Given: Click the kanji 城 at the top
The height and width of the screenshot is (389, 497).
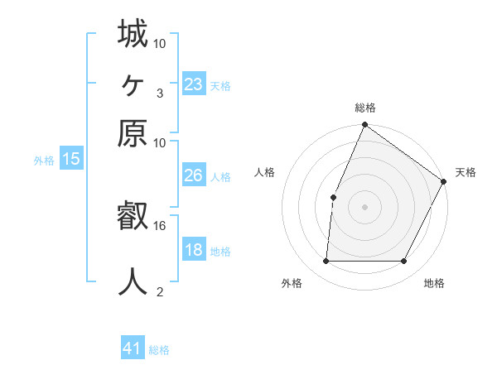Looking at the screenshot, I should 133,35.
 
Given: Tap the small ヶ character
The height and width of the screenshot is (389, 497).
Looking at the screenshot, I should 133,84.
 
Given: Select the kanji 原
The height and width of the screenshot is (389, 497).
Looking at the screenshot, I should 133,132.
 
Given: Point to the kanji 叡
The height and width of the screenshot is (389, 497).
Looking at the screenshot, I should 133,218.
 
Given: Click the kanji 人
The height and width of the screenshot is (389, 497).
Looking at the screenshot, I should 133,281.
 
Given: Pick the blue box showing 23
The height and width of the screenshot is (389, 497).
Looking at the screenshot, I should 194,84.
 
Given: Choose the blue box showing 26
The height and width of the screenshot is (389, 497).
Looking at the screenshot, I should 194,176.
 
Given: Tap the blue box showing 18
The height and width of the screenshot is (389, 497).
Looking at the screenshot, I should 194,251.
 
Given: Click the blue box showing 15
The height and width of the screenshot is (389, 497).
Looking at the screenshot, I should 71,160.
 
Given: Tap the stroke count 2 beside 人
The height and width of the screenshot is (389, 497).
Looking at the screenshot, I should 160,291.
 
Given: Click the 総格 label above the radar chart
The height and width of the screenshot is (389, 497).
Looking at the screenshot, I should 364,108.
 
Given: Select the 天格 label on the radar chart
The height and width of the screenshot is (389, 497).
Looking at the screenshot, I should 466,172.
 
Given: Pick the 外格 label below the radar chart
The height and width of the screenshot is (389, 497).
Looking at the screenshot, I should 292,284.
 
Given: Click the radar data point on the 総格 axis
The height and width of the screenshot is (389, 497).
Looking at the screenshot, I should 364,126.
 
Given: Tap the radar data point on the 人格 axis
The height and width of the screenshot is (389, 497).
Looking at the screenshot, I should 333,197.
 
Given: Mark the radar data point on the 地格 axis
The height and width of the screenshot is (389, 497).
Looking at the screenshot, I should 404,262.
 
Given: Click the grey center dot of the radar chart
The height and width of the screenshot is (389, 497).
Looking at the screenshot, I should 364,206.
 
